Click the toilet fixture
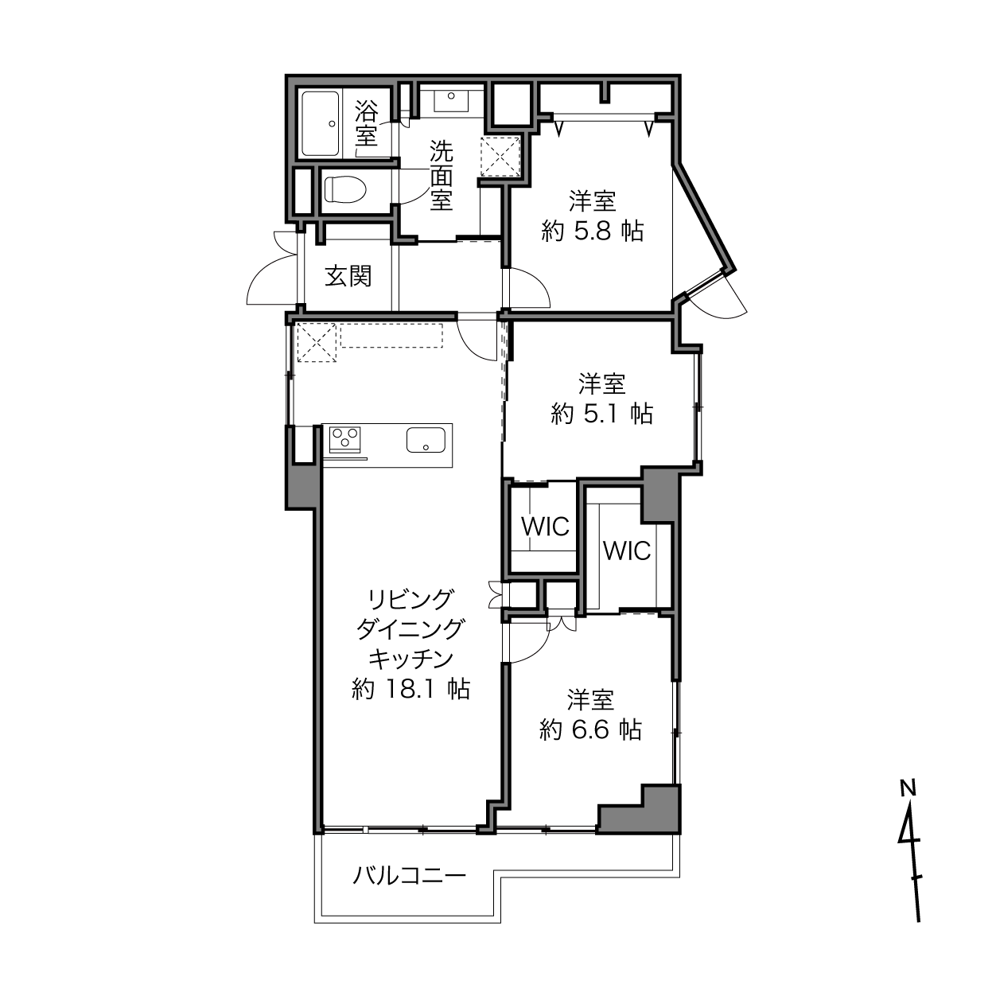[x=344, y=189]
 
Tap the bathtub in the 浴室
[x=321, y=124]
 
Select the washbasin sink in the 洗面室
[x=451, y=101]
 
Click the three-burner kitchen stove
[x=344, y=439]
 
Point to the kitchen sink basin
[x=426, y=440]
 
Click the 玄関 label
[x=348, y=277]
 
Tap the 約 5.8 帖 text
[x=593, y=231]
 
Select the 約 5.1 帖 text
[x=601, y=414]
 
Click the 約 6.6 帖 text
[x=590, y=729]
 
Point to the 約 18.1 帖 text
[x=411, y=688]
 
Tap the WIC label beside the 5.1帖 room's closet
[x=545, y=527]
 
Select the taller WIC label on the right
[x=627, y=551]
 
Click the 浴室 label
[x=367, y=123]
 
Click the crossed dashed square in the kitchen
[x=317, y=342]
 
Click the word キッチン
[x=411, y=658]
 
